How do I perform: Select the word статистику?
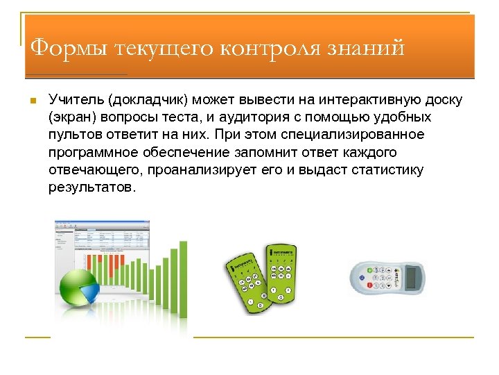point(389,170)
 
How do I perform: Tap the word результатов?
point(89,187)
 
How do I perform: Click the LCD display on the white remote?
point(414,278)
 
